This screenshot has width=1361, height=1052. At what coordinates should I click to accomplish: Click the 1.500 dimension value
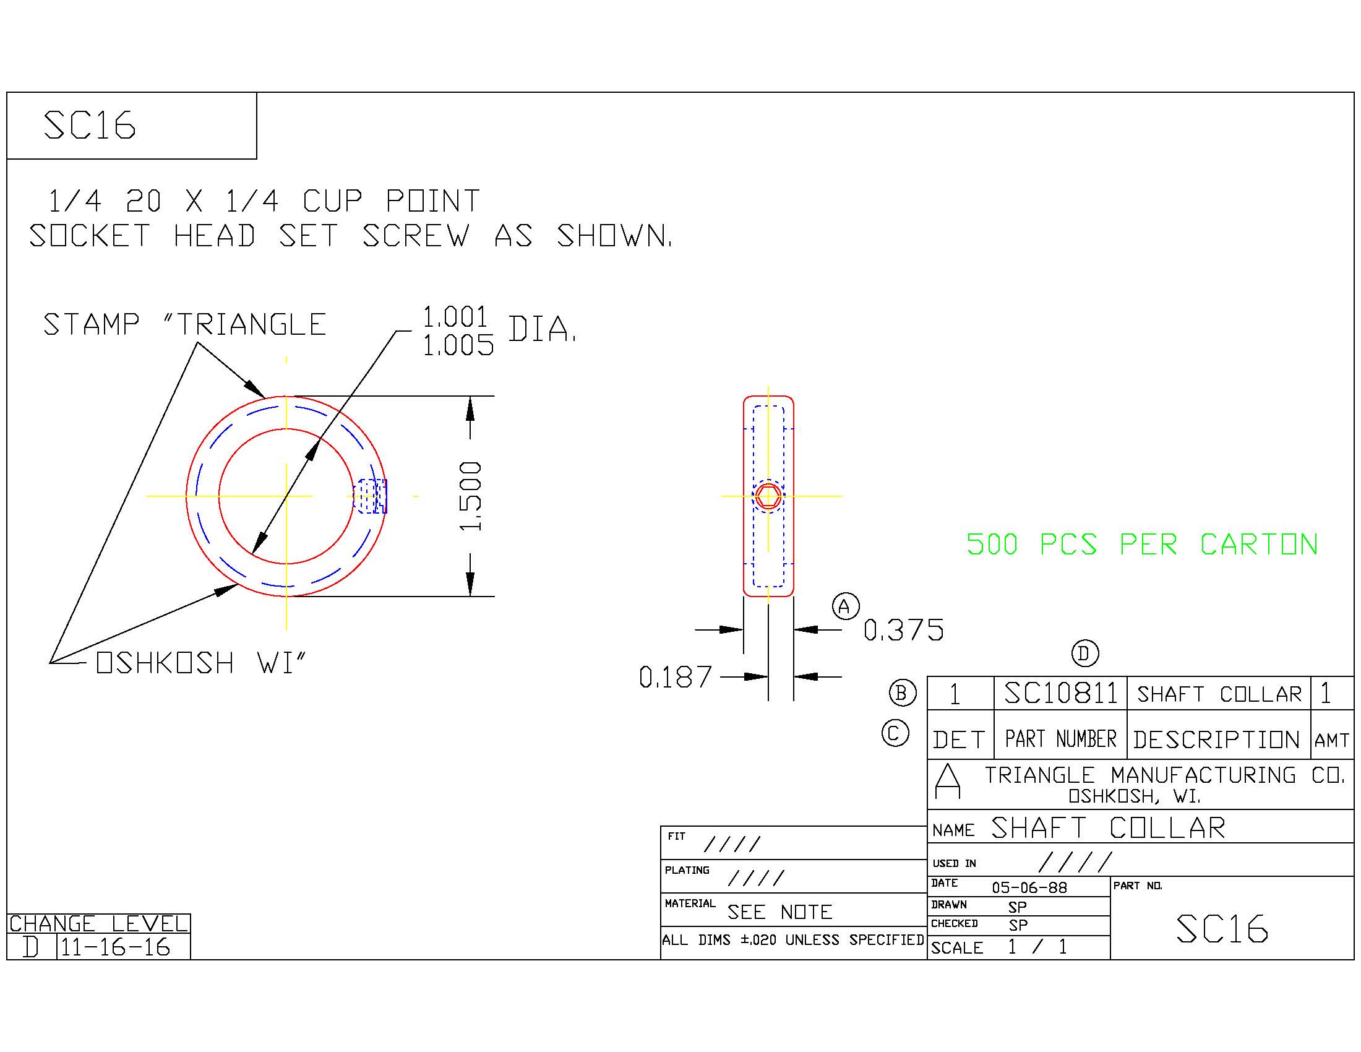pos(471,496)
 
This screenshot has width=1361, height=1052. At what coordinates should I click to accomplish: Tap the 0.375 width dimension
pos(904,630)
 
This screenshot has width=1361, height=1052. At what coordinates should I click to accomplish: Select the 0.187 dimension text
pos(676,678)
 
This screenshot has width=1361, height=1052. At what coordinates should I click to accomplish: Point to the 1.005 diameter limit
pos(458,345)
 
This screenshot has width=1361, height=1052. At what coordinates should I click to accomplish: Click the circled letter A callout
pos(845,606)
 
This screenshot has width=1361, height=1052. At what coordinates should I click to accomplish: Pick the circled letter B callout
pos(903,693)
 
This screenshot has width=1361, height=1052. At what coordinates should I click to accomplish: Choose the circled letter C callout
pos(896,733)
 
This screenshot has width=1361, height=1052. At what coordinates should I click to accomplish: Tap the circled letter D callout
pos(1085,653)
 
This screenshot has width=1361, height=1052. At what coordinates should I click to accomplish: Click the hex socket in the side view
pos(768,497)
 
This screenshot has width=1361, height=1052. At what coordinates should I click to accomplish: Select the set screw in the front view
pos(370,496)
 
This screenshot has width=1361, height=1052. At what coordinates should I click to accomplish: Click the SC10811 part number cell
pos(1060,693)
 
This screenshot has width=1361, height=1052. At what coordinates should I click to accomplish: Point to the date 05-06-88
pos(1029,887)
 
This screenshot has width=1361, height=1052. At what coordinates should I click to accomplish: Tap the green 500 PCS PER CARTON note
pos(1142,545)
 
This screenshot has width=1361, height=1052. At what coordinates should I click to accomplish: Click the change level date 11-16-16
pos(115,947)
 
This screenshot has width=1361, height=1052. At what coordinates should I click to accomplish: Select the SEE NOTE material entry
pos(779,912)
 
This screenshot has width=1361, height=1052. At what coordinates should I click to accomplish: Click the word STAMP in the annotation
pos(91,325)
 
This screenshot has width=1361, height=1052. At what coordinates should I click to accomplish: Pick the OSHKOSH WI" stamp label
pos(201,663)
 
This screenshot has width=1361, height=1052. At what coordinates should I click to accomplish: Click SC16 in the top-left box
pos(90,125)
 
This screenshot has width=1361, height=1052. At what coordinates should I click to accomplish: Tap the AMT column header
pos(1332,740)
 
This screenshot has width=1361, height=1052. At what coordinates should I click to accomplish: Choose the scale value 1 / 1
pos(1037,947)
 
